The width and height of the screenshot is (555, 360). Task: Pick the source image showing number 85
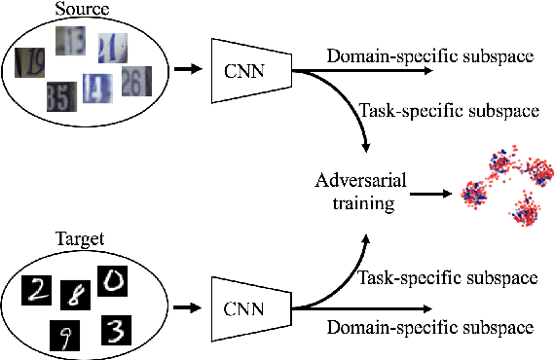pos(60,95)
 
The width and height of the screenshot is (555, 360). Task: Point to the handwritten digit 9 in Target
pos(63,337)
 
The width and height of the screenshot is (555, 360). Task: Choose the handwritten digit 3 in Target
pos(116,331)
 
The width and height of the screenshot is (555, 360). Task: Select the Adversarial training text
pos(359,193)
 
